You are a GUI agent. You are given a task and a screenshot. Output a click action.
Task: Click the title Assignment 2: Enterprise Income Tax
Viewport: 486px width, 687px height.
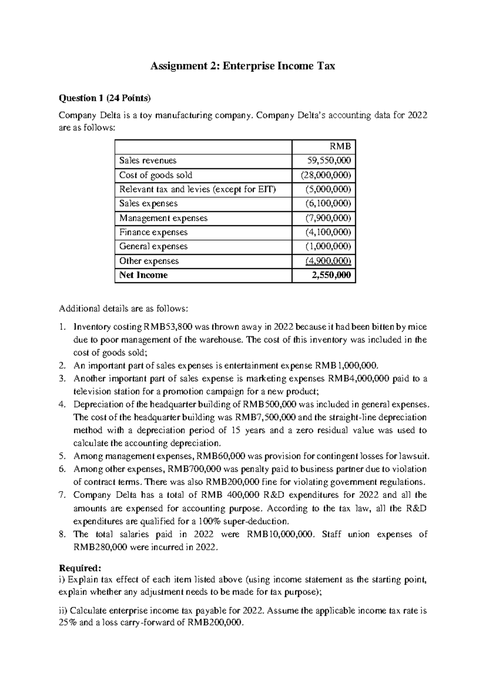tap(243, 66)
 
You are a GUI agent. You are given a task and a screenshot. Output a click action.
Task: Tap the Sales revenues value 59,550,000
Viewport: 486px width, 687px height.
tap(329, 160)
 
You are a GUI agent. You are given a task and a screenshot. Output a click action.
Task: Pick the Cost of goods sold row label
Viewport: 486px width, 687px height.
tap(156, 175)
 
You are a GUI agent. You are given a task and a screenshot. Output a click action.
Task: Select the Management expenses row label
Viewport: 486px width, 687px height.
tap(163, 218)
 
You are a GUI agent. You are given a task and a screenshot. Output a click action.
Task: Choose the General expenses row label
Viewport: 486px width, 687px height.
tap(153, 246)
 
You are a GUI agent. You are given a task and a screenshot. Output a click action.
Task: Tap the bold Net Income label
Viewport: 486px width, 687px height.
tap(143, 275)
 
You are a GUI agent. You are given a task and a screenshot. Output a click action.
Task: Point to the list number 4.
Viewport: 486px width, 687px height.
tap(62, 404)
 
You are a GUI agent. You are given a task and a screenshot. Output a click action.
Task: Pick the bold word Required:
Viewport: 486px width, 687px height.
tap(78, 567)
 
